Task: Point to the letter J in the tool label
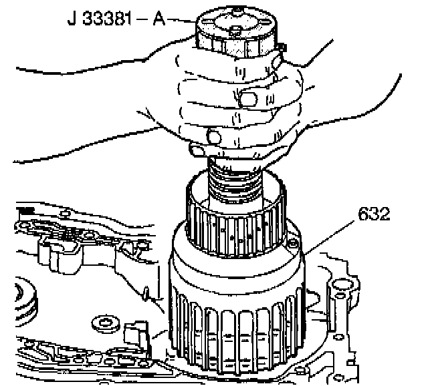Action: pyautogui.click(x=71, y=18)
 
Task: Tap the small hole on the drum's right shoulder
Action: pyautogui.click(x=292, y=244)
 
